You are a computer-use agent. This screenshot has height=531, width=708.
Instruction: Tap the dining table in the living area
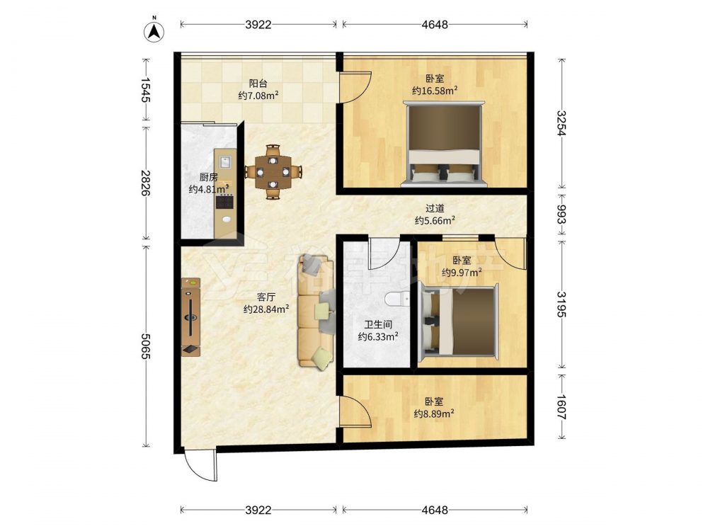(x=273, y=172)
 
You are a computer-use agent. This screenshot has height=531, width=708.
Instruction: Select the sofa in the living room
(x=316, y=312)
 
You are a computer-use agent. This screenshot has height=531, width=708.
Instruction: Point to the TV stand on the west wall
(x=190, y=317)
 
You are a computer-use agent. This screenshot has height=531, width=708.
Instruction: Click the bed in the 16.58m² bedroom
(x=444, y=144)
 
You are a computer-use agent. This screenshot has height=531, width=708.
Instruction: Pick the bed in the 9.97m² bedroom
(x=458, y=322)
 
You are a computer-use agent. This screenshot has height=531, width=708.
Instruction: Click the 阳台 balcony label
(x=258, y=84)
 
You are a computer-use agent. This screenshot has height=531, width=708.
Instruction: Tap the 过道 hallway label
(x=435, y=209)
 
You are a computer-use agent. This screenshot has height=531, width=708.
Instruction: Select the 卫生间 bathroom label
(x=378, y=325)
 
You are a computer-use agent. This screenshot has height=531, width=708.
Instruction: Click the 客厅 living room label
(x=266, y=297)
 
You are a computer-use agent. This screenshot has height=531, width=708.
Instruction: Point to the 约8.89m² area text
(x=435, y=413)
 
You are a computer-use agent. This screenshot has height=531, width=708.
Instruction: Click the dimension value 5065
(x=145, y=346)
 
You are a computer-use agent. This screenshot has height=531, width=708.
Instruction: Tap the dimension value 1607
(x=560, y=408)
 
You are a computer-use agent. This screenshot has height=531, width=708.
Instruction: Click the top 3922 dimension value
(x=258, y=24)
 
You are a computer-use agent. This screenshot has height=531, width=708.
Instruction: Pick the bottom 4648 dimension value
(x=435, y=510)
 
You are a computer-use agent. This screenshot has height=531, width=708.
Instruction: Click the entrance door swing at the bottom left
(x=200, y=465)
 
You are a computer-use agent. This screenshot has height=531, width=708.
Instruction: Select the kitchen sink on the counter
(x=225, y=161)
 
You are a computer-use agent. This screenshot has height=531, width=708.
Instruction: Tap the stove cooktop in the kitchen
(x=224, y=202)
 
